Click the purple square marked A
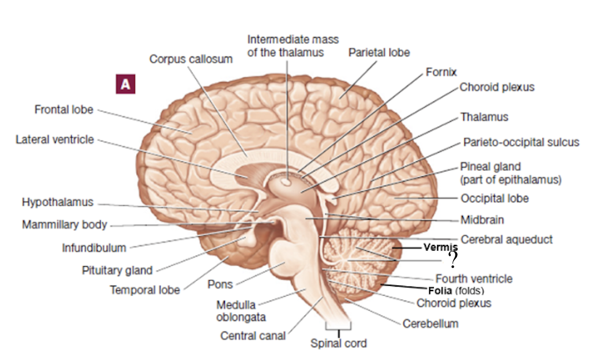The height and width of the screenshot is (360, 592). [x=126, y=85]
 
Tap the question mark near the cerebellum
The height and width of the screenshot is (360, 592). [x=453, y=260]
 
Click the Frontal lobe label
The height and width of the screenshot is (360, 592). [x=64, y=109]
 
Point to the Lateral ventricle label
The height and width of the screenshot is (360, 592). [x=55, y=140]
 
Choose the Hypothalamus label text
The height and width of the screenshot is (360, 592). [x=57, y=202]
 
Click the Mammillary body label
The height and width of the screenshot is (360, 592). [x=64, y=224]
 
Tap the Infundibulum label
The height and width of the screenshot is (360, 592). [x=94, y=248]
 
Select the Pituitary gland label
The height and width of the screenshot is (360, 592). [x=117, y=270]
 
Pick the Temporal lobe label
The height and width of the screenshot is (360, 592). [x=145, y=290]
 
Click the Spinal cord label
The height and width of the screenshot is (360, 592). [x=338, y=343]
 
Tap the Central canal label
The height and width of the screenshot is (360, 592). [x=253, y=336]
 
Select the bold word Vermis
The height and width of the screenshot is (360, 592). [x=441, y=247]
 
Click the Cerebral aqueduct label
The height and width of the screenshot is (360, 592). [x=506, y=239]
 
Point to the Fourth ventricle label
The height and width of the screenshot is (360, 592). [x=474, y=279]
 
